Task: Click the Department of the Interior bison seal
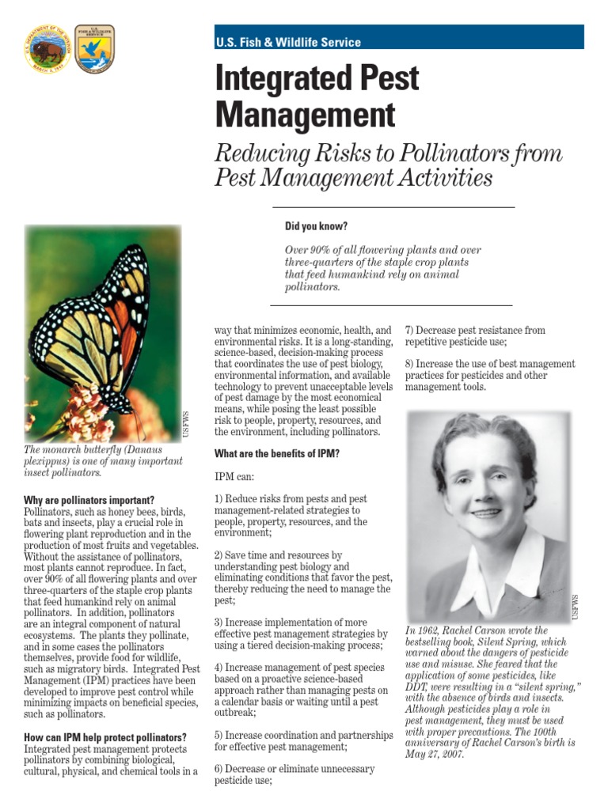[47, 48]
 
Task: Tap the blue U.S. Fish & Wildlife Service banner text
[288, 43]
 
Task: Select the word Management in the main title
[305, 115]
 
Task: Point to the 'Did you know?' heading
[316, 226]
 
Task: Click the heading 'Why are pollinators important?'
[89, 501]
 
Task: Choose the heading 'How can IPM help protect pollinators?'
[105, 737]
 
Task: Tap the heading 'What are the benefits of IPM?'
[277, 454]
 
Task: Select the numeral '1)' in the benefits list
[220, 499]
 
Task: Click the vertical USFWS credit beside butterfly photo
[187, 426]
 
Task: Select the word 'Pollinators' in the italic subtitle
[452, 154]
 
